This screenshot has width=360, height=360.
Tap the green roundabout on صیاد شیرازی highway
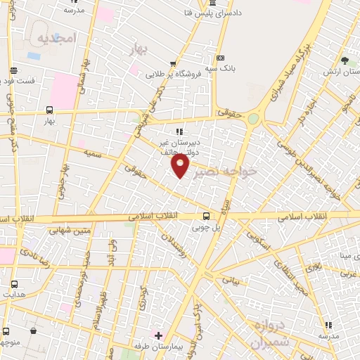tap(252, 118)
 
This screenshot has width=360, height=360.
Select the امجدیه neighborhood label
tap(55, 37)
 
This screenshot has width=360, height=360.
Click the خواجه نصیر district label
tap(226, 172)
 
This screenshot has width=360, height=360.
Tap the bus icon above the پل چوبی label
tap(206, 216)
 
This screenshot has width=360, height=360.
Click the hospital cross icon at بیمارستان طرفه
tap(159, 335)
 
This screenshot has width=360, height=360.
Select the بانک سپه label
tap(219, 69)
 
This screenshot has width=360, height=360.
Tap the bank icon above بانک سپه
tap(220, 58)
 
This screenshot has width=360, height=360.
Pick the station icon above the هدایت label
tap(15, 284)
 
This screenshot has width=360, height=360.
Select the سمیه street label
tap(92, 152)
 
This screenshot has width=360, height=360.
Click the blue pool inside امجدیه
tap(33, 55)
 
